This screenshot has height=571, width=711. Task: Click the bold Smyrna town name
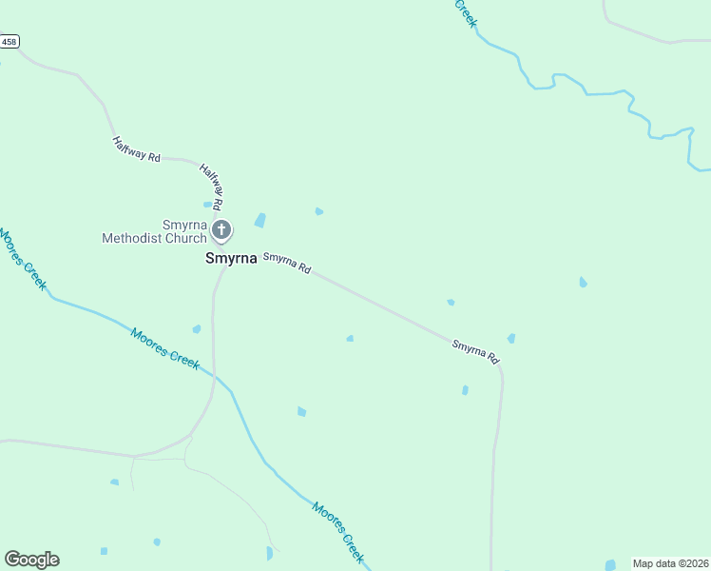tap(231, 258)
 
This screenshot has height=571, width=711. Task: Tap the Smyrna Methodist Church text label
tap(155, 231)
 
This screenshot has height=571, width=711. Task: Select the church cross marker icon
tap(221, 229)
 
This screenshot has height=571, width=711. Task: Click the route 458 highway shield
tap(10, 42)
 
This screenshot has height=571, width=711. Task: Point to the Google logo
tap(31, 560)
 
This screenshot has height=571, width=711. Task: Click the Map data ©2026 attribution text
tap(670, 563)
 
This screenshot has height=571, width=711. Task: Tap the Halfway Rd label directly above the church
tap(211, 186)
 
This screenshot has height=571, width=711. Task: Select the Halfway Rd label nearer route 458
tap(136, 148)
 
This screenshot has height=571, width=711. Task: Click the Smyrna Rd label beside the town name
tap(287, 263)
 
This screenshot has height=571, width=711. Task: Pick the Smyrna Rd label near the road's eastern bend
tap(475, 352)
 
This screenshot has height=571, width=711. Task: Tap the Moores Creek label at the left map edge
tap(23, 259)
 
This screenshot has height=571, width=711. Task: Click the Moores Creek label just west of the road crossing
tap(165, 348)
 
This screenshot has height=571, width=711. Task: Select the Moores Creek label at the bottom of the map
tap(338, 532)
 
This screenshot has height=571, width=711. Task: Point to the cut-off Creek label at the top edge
tap(465, 13)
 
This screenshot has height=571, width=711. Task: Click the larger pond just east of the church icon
tap(259, 221)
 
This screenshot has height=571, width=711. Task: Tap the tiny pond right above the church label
tap(207, 204)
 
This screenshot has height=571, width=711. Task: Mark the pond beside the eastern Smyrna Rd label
tap(511, 338)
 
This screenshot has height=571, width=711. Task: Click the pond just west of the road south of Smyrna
tap(197, 329)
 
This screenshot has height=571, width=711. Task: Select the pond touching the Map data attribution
tap(610, 565)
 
